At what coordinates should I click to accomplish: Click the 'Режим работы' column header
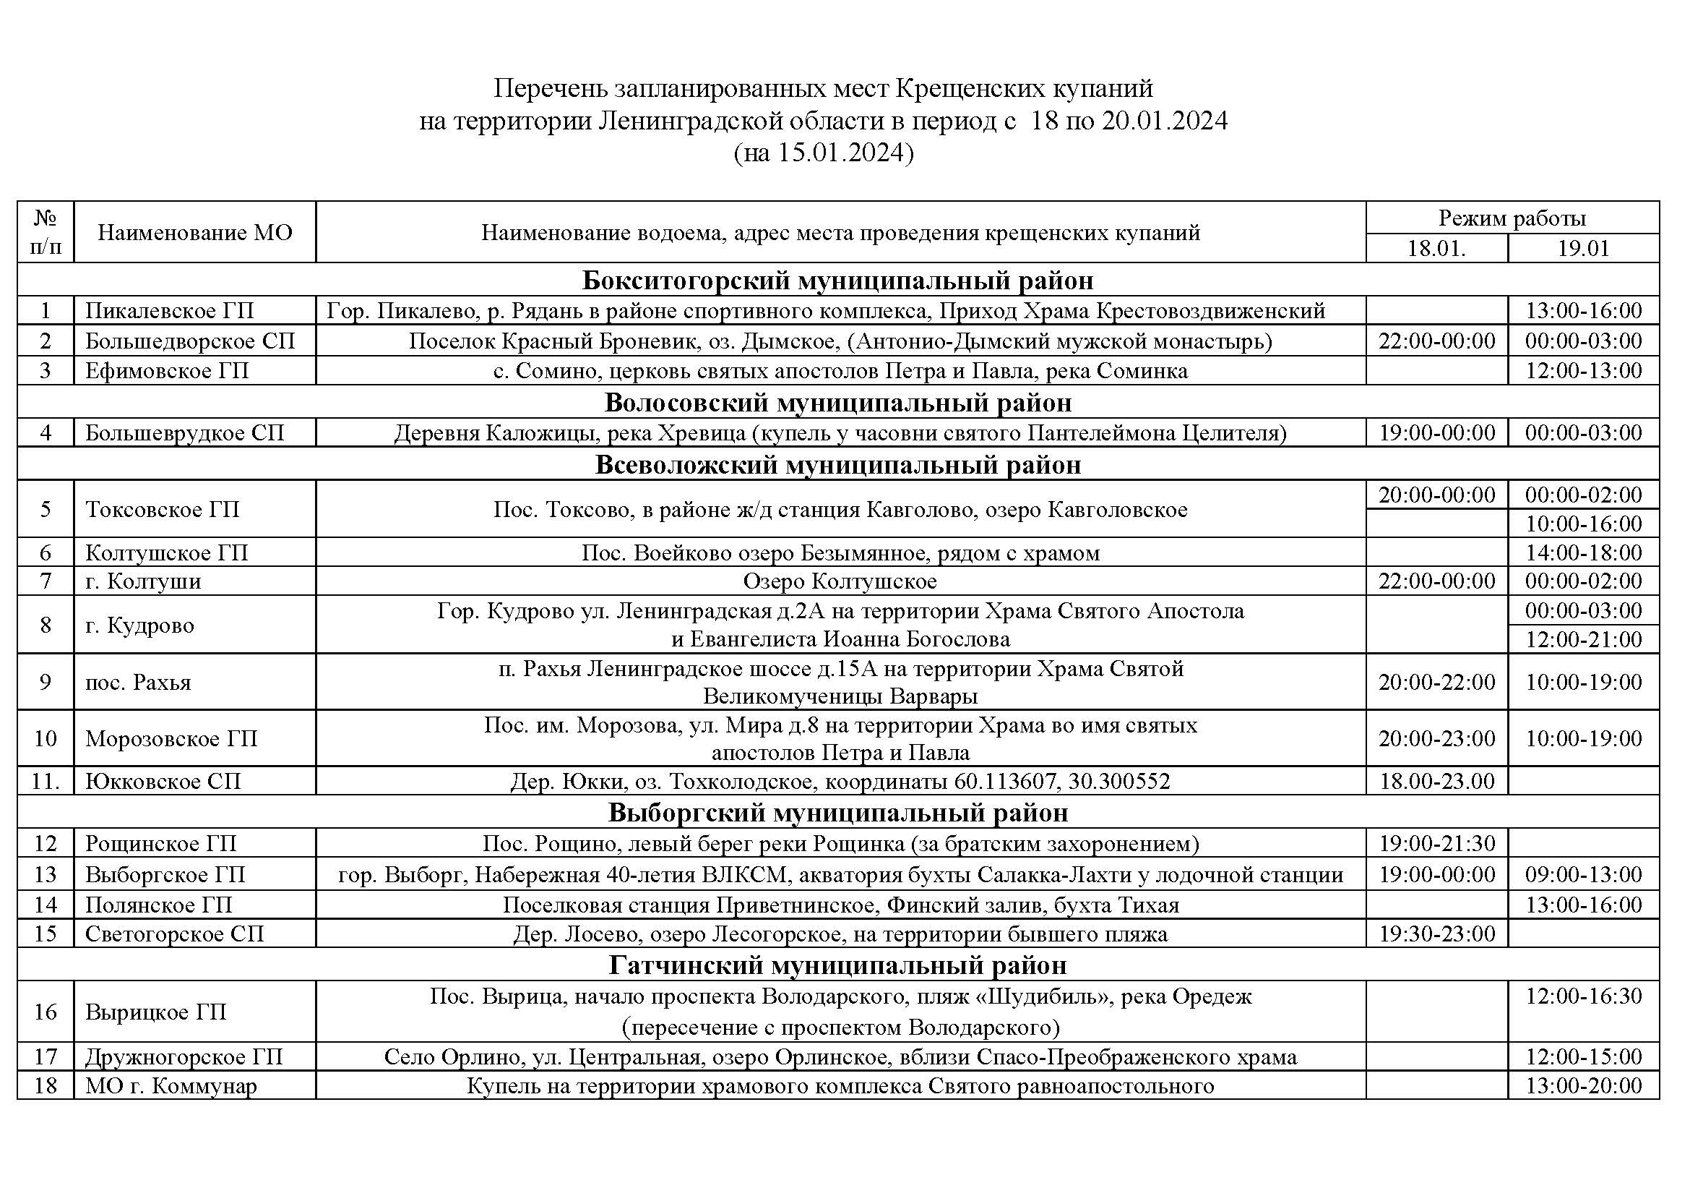[1512, 218]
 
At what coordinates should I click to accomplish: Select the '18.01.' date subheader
[1436, 248]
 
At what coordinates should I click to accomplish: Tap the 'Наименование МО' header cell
[195, 233]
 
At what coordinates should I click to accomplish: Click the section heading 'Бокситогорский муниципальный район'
[837, 281]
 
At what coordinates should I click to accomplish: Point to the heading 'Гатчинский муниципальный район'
[837, 965]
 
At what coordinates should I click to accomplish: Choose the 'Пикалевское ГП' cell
[169, 311]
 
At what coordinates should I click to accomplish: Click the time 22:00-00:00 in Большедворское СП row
[1437, 341]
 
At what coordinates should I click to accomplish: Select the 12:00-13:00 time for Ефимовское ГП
[1583, 370]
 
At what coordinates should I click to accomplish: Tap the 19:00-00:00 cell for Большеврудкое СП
[1437, 432]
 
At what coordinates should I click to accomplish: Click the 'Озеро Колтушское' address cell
[840, 581]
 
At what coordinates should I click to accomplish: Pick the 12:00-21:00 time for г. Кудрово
[1583, 639]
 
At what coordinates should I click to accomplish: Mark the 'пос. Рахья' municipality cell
[139, 682]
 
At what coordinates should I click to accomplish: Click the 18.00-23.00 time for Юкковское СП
[1437, 781]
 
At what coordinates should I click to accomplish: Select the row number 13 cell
[46, 874]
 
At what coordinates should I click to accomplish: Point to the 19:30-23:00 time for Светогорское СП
[1437, 934]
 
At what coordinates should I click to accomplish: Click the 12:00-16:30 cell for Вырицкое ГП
[1583, 996]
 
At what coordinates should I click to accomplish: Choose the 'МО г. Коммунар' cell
[171, 1085]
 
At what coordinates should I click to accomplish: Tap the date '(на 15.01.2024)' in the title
[823, 153]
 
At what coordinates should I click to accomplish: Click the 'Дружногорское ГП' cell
[184, 1057]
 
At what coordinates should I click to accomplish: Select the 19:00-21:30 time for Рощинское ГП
[1437, 843]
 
